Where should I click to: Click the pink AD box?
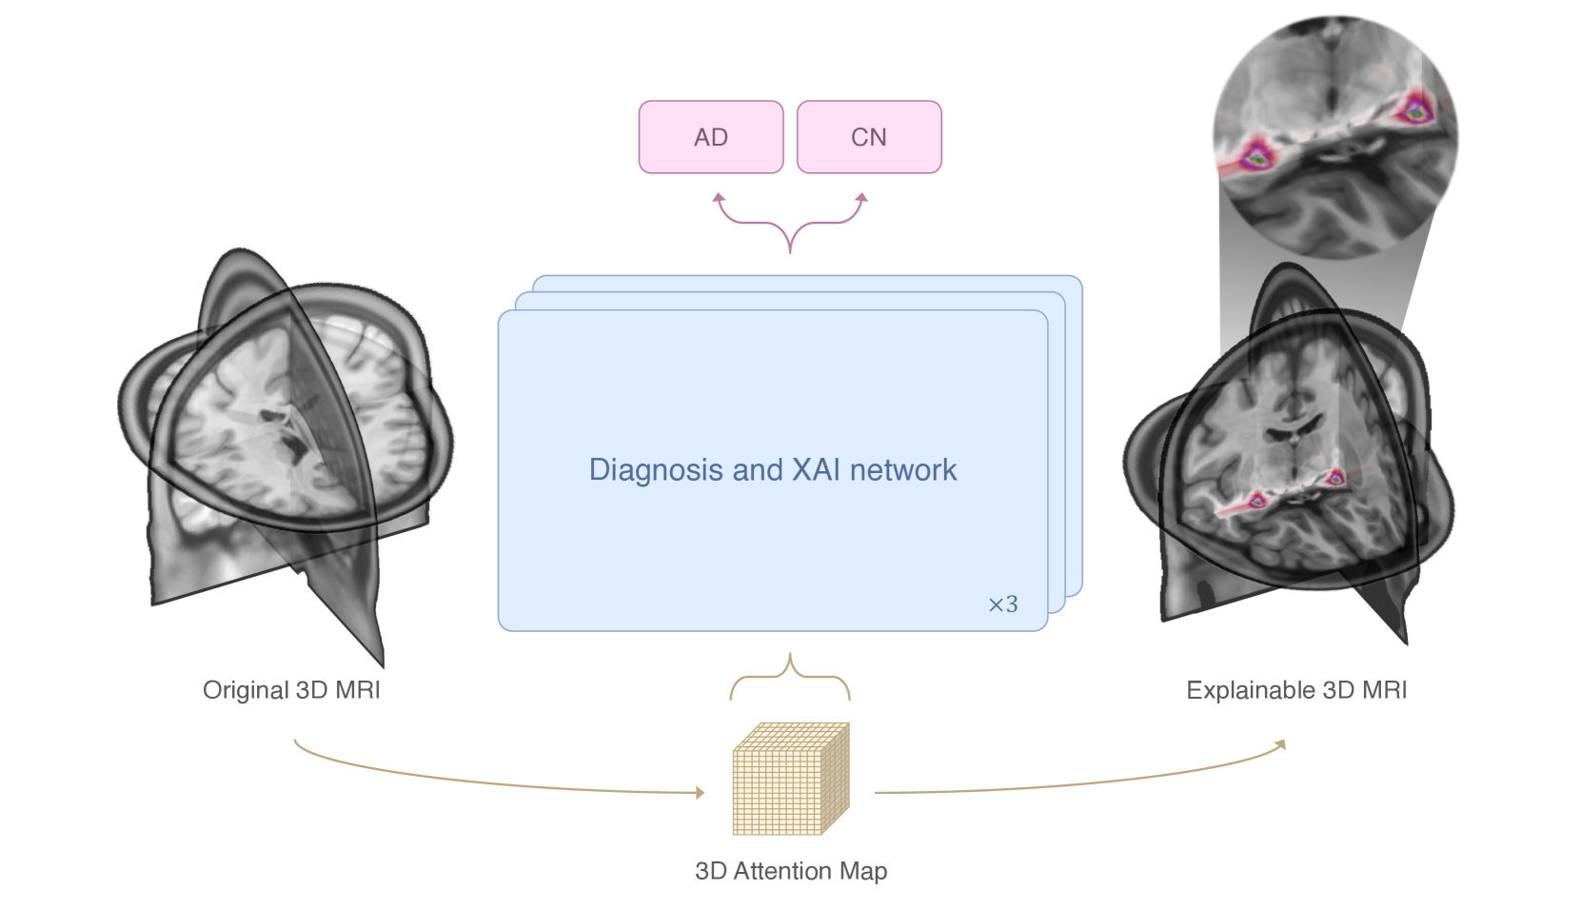711,137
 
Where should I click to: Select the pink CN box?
868,137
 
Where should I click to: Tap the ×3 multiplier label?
1002,604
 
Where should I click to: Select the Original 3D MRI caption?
291,690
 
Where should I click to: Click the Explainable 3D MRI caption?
1295,690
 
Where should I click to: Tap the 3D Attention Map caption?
791,871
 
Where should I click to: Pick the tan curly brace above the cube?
790,677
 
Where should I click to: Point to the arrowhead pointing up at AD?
720,198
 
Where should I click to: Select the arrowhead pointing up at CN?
861,198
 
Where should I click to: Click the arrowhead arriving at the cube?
700,792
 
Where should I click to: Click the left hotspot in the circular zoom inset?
1257,155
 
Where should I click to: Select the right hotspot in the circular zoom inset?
1414,110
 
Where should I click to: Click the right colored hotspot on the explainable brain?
1335,477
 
